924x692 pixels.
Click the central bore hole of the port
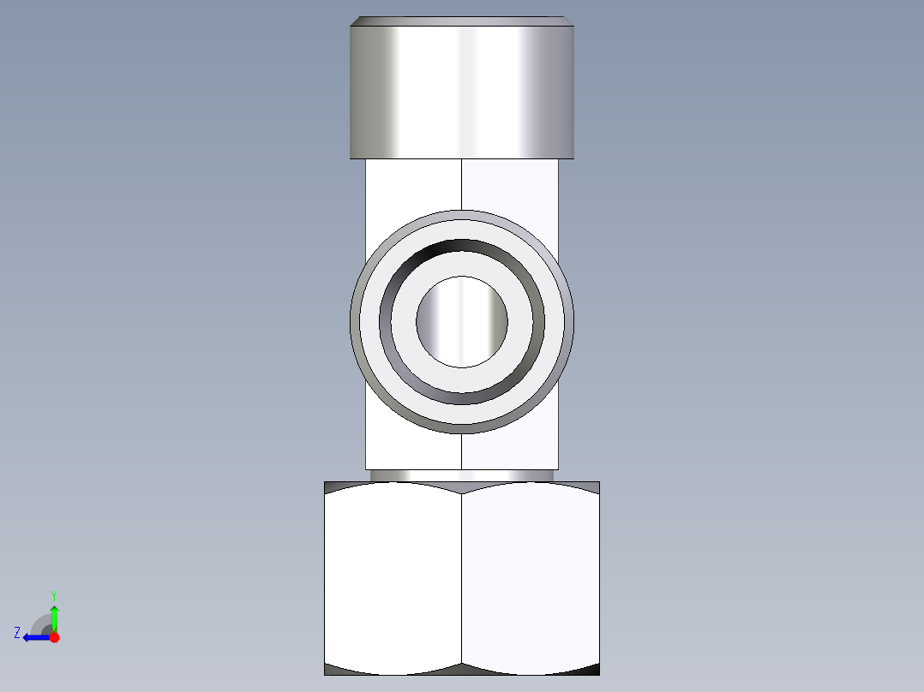click(x=461, y=321)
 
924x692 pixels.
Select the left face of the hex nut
click(x=393, y=578)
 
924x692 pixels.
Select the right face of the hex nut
click(x=530, y=578)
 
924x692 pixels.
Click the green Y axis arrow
click(x=54, y=616)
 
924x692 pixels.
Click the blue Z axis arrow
click(x=33, y=636)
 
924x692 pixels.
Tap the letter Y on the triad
click(x=53, y=594)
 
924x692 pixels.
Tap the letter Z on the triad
click(x=17, y=633)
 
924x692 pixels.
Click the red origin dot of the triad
click(x=54, y=637)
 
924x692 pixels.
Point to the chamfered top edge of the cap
click(x=461, y=21)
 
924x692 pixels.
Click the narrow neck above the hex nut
click(x=461, y=474)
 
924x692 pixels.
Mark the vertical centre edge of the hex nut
click(x=462, y=578)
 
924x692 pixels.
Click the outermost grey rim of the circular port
click(x=461, y=214)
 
